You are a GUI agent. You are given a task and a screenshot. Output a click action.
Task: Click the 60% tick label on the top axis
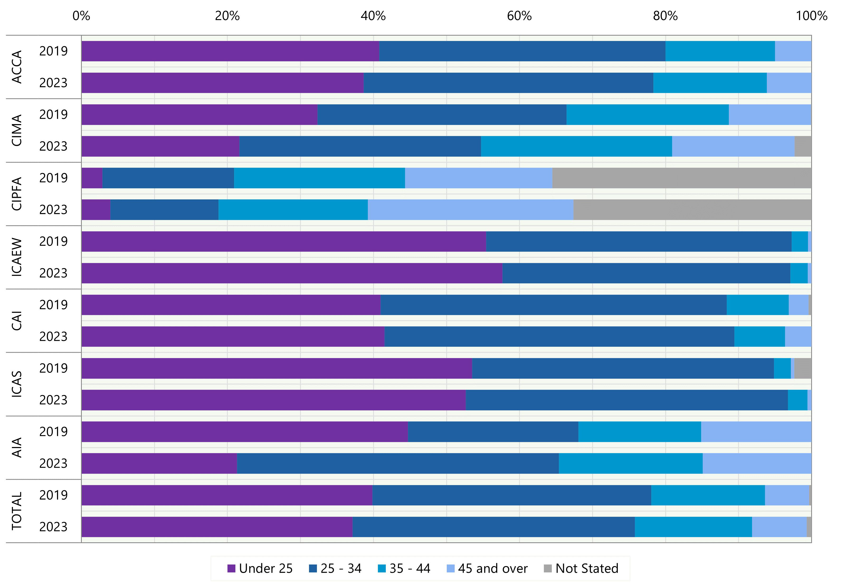[519, 16]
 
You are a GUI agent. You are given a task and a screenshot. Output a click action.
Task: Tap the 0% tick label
[81, 16]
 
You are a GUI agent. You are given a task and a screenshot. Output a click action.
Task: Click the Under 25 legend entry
[260, 568]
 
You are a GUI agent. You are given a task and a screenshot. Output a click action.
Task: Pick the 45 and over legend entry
[487, 568]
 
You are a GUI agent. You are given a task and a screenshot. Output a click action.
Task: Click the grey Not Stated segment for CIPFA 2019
[681, 178]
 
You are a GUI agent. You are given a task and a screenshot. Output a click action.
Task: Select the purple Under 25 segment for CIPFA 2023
[96, 210]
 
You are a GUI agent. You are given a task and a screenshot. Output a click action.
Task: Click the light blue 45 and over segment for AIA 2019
[756, 432]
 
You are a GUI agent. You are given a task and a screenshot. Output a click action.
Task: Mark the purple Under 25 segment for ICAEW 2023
[292, 273]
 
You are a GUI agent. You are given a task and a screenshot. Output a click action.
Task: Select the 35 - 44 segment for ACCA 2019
[720, 51]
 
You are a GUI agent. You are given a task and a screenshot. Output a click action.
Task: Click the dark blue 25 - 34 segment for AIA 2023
[398, 463]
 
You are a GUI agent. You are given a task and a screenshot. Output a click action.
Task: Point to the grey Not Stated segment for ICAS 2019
[802, 368]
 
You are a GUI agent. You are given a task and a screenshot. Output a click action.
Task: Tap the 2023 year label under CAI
[54, 337]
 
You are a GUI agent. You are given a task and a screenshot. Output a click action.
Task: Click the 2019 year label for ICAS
[54, 368]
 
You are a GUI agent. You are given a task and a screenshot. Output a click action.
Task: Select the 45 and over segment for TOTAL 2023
[779, 527]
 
